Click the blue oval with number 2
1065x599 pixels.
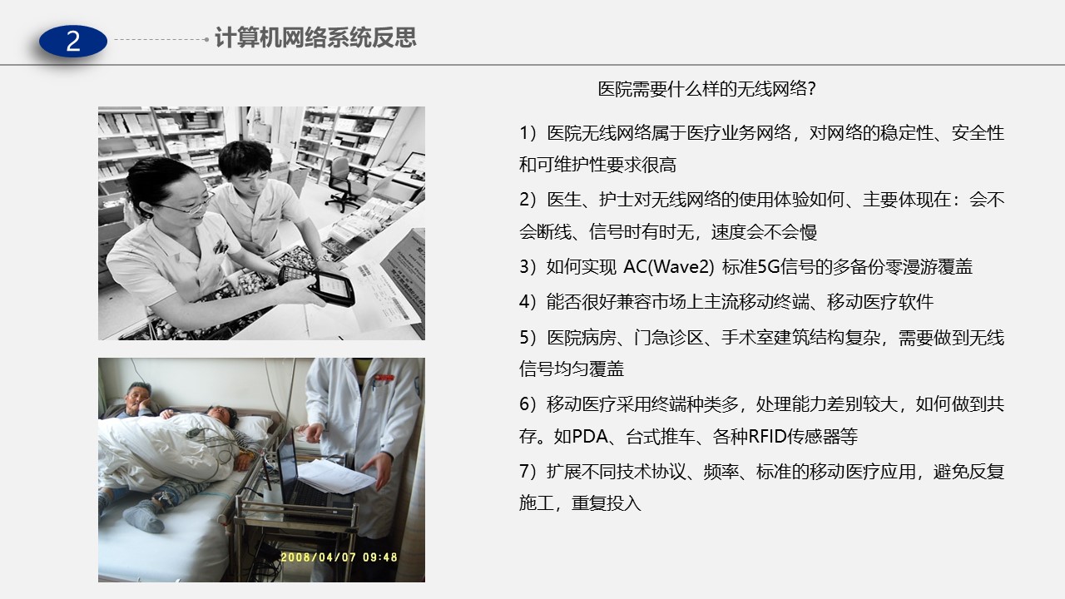pyautogui.click(x=73, y=42)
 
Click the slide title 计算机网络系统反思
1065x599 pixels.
pyautogui.click(x=315, y=37)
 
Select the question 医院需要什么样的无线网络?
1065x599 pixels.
pyautogui.click(x=707, y=89)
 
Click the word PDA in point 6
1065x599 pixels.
pyautogui.click(x=590, y=436)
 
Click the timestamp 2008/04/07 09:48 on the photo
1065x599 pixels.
pyautogui.click(x=339, y=557)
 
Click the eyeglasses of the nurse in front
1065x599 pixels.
pyautogui.click(x=191, y=205)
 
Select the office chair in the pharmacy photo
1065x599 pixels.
pyautogui.click(x=344, y=184)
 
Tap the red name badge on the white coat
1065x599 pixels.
pyautogui.click(x=384, y=378)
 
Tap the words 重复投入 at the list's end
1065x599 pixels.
pyautogui.click(x=607, y=503)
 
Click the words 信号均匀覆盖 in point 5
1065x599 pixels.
pyautogui.click(x=572, y=369)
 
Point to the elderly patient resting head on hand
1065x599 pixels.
pyautogui.click(x=138, y=399)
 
